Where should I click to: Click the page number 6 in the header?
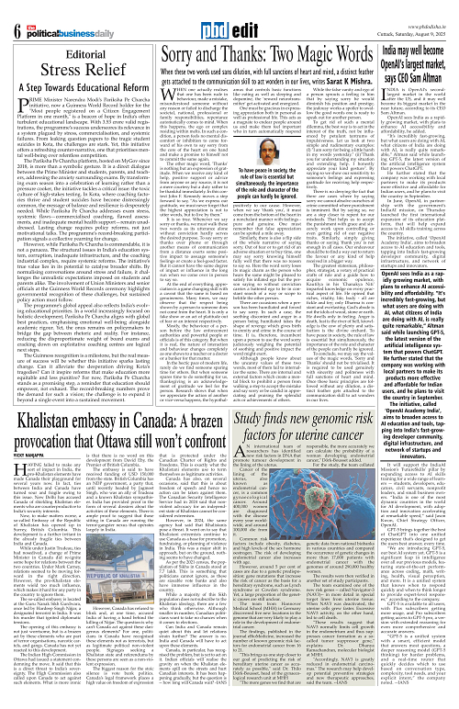pyautogui.click(x=16, y=13)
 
